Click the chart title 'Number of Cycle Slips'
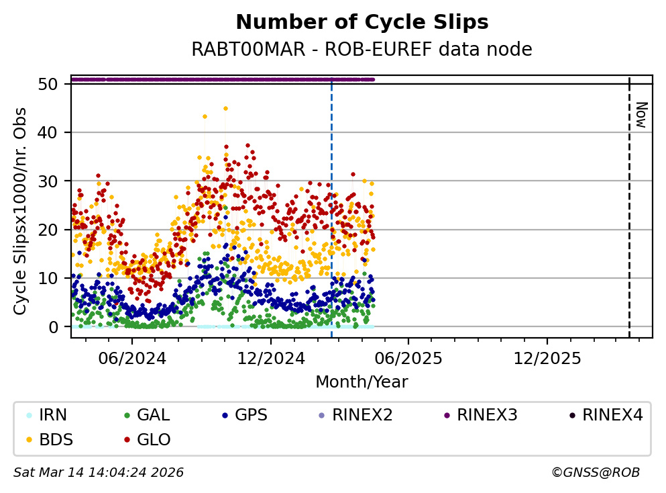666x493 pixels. click(x=362, y=22)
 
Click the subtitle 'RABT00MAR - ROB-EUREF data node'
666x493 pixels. click(x=362, y=49)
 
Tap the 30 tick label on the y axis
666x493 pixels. click(x=48, y=181)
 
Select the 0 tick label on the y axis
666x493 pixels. click(x=54, y=327)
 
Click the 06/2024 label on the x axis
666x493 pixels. click(x=132, y=359)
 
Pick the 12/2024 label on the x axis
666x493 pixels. click(x=271, y=359)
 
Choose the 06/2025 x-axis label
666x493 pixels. click(x=408, y=359)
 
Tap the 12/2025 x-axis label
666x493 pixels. click(x=547, y=359)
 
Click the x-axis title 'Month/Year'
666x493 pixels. click(x=362, y=382)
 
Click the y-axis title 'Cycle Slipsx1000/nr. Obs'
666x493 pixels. click(x=20, y=212)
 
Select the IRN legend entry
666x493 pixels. click(x=47, y=414)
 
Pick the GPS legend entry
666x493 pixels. click(x=245, y=414)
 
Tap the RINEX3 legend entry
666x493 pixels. click(x=481, y=414)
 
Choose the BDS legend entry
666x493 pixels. click(x=50, y=439)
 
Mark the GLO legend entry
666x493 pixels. click(x=148, y=439)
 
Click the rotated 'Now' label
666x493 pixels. click(x=641, y=115)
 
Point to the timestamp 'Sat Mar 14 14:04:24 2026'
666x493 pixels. click(x=99, y=472)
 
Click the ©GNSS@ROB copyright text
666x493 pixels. click(x=596, y=472)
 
